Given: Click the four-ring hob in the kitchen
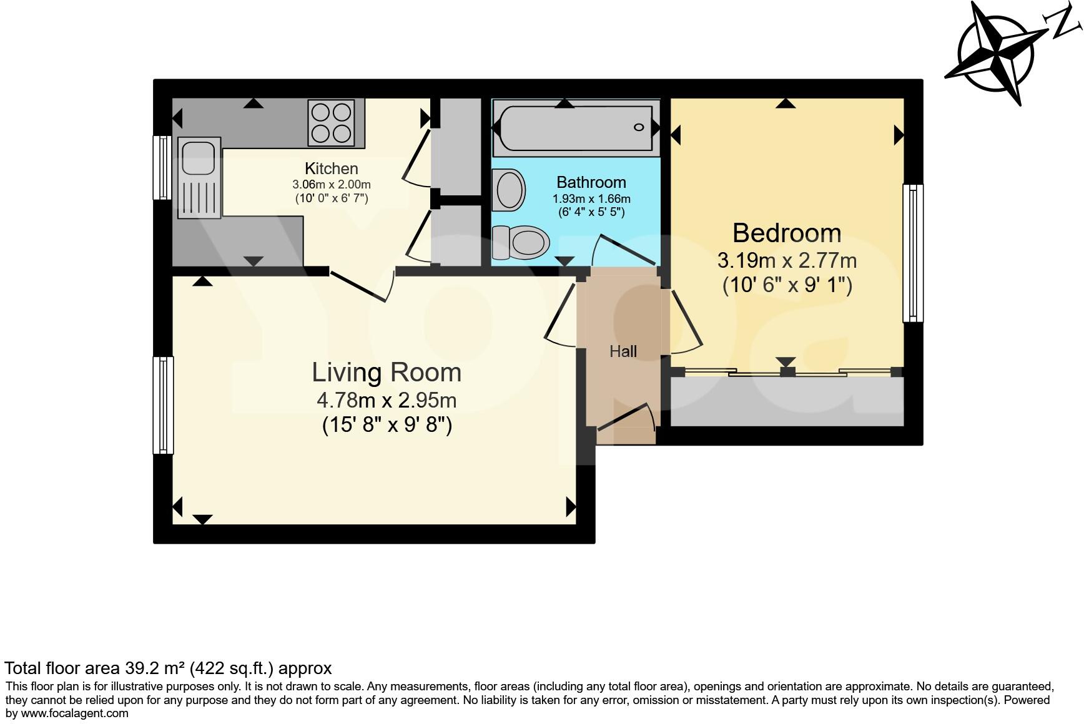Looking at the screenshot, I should pyautogui.click(x=331, y=123).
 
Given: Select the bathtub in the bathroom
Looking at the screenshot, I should pyautogui.click(x=575, y=129).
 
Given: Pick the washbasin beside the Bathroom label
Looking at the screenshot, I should pyautogui.click(x=509, y=190).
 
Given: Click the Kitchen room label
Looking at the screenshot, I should pyautogui.click(x=331, y=169).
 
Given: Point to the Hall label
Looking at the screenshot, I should pyautogui.click(x=623, y=351).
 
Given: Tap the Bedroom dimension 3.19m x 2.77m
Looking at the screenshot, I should pyautogui.click(x=786, y=260).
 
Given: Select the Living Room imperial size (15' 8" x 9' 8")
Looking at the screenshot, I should pyautogui.click(x=387, y=426).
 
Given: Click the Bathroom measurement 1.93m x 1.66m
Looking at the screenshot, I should pyautogui.click(x=591, y=199).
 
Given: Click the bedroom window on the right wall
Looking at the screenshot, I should pyautogui.click(x=913, y=253).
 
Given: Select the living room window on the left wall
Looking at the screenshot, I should pyautogui.click(x=163, y=405).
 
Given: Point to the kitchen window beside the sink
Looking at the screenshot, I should pyautogui.click(x=162, y=167).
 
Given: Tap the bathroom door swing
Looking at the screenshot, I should pyautogui.click(x=624, y=250).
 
